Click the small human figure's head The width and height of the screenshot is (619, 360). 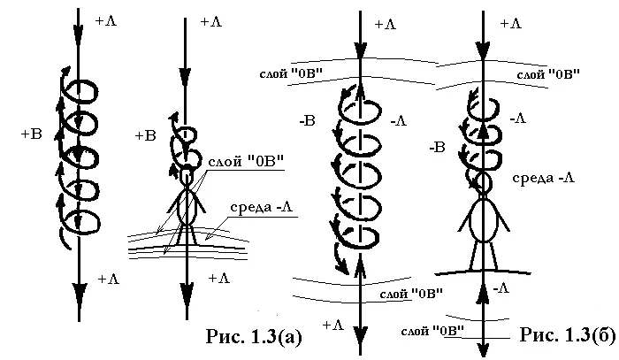click(x=187, y=176)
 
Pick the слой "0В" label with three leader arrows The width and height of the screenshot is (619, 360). click(x=245, y=162)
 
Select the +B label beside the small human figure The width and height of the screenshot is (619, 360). click(x=145, y=135)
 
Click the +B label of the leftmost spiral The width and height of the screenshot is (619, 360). click(x=31, y=135)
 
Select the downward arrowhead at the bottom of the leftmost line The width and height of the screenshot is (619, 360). click(x=79, y=292)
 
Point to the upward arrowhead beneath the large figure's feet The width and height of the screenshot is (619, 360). click(x=483, y=291)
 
